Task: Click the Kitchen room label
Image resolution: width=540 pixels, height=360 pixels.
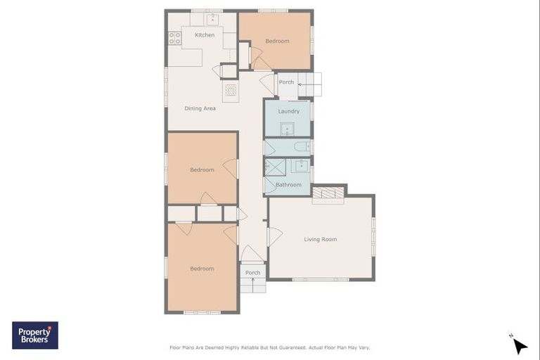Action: point(205,35)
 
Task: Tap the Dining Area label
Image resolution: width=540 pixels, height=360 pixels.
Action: point(200,108)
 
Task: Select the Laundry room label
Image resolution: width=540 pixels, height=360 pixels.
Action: point(288,111)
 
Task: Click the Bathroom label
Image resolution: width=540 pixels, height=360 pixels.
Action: point(288,185)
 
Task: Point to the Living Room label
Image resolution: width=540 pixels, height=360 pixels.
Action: point(320,240)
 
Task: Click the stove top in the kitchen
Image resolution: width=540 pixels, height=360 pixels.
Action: point(174,39)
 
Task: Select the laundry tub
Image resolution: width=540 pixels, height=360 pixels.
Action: point(288,129)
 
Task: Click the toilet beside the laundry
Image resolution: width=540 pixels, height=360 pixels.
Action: point(301,147)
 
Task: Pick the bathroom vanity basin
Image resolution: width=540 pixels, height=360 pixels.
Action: point(300,166)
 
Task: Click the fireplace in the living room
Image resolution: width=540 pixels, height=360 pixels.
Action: point(328,193)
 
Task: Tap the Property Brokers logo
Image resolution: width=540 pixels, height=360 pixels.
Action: point(35,335)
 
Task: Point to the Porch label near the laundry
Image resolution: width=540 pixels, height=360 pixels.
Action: point(286,82)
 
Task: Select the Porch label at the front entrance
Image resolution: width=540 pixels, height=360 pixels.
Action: point(252,273)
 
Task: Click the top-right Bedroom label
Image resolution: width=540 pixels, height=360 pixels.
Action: point(277,41)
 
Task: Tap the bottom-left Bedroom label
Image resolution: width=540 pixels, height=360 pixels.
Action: point(202,269)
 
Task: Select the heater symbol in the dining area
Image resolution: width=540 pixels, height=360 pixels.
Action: point(231,90)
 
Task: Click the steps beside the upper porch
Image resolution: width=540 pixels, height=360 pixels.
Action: point(309,84)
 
